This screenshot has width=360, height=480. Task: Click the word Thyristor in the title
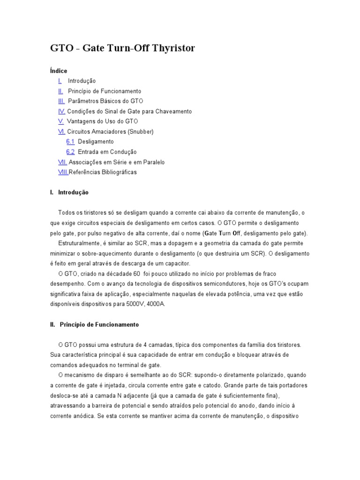(168, 48)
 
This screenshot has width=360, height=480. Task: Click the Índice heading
(59, 71)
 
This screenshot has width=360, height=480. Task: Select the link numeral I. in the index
(60, 81)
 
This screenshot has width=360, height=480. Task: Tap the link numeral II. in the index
(60, 91)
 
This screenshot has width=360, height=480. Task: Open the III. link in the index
(61, 101)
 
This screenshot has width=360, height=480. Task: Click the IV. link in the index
(61, 112)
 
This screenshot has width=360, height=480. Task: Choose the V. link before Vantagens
(61, 121)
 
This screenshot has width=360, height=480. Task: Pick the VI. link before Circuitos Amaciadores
(61, 132)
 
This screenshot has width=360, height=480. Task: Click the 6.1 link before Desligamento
(70, 142)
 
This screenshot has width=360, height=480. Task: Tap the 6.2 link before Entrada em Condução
(70, 152)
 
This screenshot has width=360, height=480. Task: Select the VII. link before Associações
(62, 162)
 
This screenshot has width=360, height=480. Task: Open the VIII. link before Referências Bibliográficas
(63, 172)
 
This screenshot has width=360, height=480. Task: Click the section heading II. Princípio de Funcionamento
(94, 324)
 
